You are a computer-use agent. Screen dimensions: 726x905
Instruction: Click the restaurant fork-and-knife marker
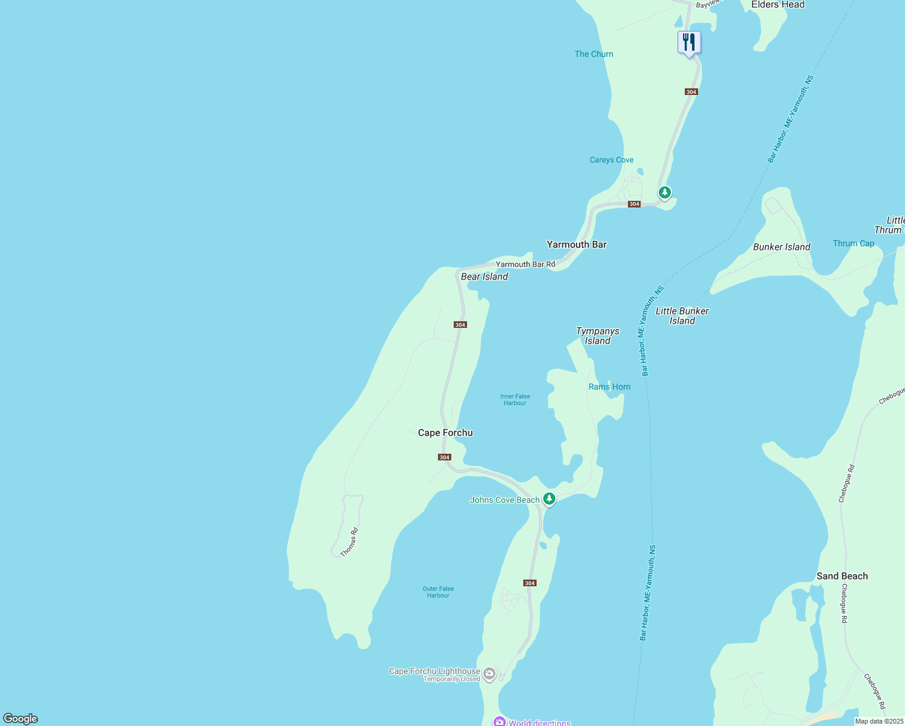688,42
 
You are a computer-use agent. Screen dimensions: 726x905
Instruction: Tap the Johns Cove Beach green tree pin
549,499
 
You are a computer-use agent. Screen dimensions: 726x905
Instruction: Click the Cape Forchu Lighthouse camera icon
489,673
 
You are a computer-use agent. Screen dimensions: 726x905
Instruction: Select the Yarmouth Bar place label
577,244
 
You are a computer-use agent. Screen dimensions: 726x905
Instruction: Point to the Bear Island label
484,276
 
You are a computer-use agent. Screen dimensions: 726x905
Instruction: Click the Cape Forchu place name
445,433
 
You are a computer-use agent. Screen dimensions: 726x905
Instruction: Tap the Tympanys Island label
597,336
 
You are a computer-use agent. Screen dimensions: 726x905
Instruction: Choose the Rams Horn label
609,387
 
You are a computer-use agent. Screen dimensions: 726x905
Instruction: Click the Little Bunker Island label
682,316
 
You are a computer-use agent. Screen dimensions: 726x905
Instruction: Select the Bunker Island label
782,247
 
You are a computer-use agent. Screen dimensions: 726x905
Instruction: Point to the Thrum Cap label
853,243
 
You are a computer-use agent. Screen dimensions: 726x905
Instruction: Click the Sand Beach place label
841,576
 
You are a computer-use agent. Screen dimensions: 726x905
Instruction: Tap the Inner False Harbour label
515,399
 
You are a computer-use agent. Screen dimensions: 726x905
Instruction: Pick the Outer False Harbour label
438,592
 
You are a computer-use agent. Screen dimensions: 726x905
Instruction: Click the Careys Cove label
612,160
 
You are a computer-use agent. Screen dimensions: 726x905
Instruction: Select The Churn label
593,54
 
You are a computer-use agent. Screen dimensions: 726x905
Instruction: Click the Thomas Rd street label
349,542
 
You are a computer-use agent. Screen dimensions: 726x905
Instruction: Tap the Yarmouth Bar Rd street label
525,264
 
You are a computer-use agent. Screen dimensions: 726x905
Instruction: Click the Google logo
21,719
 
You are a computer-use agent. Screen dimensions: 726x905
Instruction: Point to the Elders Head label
777,5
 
